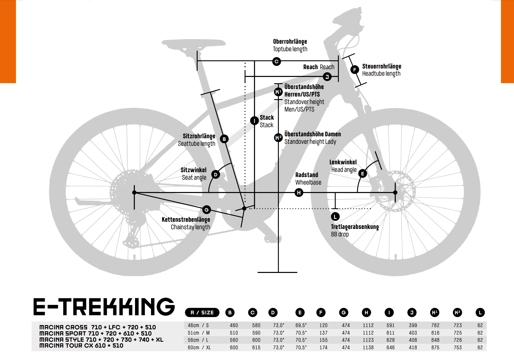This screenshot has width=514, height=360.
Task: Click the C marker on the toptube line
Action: [277, 61]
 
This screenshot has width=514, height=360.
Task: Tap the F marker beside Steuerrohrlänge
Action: [355, 69]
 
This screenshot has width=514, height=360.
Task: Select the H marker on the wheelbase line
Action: [299, 192]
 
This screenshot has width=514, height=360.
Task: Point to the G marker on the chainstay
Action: [206, 210]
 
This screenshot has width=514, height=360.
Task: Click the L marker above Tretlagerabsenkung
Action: [335, 217]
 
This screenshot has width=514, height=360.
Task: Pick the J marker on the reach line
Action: [327, 76]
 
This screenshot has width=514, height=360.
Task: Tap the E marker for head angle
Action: [363, 173]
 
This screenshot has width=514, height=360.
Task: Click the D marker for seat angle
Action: [216, 175]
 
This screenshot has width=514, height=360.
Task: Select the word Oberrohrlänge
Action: [290, 42]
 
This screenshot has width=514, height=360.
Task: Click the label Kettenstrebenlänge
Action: [186, 219]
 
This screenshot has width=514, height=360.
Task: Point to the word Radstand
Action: [307, 175]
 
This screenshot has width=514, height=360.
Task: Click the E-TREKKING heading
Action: [104, 307]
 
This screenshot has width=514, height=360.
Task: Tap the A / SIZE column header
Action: [202, 312]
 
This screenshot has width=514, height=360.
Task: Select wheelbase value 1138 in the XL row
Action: [368, 347]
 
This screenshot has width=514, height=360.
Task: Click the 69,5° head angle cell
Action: [301, 325]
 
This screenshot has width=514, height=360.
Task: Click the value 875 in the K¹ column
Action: [435, 347]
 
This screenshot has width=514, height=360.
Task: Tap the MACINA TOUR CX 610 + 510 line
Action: [81, 346]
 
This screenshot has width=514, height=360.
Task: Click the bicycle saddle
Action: [193, 44]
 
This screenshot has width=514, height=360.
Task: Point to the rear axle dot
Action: [134, 192]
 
